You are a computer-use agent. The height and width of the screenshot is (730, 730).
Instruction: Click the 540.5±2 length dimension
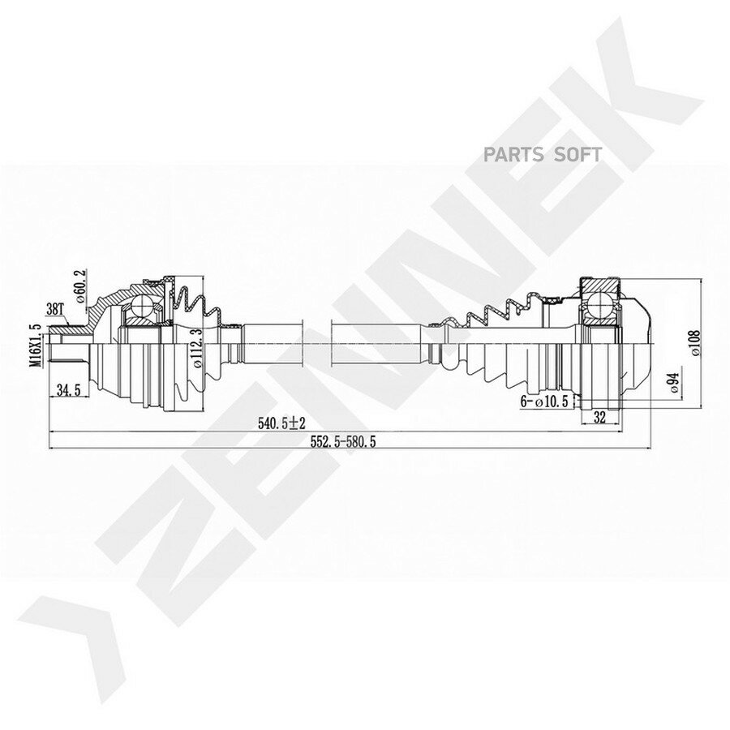pyautogui.click(x=281, y=423)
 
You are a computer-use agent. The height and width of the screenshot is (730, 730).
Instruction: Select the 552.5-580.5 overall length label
pyautogui.click(x=342, y=442)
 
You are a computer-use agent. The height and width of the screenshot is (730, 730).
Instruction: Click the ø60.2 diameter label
pyautogui.click(x=79, y=286)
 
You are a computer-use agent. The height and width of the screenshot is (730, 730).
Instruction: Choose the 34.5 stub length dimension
pyautogui.click(x=69, y=389)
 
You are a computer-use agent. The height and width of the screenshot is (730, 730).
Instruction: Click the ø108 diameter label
pyautogui.click(x=695, y=343)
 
